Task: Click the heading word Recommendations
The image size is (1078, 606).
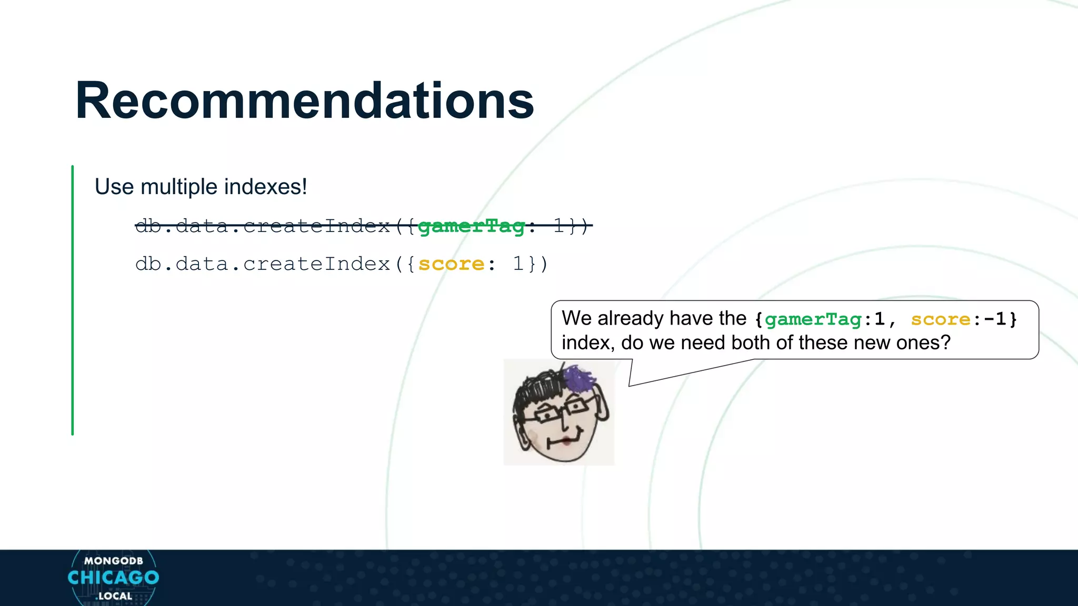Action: point(304,100)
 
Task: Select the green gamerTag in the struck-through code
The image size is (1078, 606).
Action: point(471,226)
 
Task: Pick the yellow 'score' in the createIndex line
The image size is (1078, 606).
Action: point(451,264)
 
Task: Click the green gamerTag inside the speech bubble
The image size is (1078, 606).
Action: point(813,319)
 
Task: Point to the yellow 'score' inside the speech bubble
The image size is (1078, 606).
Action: point(940,319)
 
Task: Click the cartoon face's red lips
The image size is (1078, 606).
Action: point(565,440)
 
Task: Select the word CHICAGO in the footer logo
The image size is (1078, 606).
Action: point(113,578)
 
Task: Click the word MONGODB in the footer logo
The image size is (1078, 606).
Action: point(113,561)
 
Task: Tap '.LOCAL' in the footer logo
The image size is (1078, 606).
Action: point(114,596)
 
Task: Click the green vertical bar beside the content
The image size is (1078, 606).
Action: point(73,300)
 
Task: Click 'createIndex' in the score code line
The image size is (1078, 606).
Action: point(316,264)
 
